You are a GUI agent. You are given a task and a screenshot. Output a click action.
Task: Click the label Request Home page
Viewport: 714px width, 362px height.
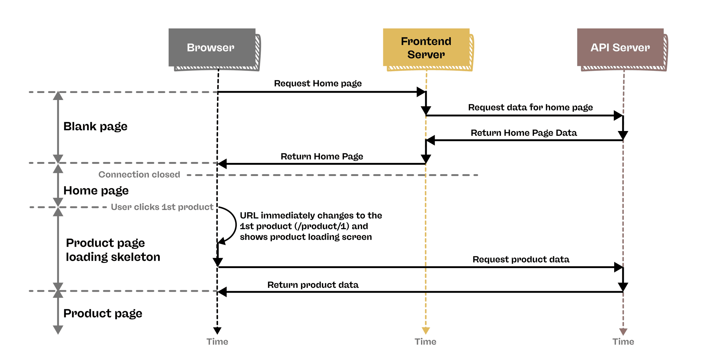point(318,83)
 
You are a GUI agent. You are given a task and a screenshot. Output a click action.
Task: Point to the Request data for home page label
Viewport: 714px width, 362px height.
point(530,107)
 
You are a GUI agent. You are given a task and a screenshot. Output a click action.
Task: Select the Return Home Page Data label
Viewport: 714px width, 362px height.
point(524,133)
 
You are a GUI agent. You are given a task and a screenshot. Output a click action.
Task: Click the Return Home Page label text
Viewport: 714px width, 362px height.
point(322,157)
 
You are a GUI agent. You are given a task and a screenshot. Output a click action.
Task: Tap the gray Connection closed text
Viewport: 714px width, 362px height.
point(139,174)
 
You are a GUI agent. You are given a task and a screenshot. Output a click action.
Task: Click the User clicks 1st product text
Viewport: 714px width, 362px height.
point(162,207)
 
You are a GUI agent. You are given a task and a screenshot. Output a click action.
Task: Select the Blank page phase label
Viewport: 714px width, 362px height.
point(95,127)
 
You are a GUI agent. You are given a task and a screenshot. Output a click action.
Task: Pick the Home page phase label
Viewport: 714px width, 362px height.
point(96,191)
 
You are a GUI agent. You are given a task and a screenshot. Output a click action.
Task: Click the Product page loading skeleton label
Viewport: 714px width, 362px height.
point(113,250)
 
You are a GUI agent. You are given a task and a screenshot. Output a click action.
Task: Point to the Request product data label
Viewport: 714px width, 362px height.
point(521,259)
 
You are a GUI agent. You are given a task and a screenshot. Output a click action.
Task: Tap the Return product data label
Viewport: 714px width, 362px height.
point(313,285)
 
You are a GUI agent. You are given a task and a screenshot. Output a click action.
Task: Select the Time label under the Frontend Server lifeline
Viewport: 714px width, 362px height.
point(425,342)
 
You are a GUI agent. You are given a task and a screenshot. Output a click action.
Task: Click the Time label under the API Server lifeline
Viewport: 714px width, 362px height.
point(623,342)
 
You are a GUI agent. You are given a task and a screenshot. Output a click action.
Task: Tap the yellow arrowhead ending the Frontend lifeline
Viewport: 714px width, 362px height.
point(426,330)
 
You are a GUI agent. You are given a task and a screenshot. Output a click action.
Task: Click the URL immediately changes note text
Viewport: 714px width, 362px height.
point(310,226)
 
